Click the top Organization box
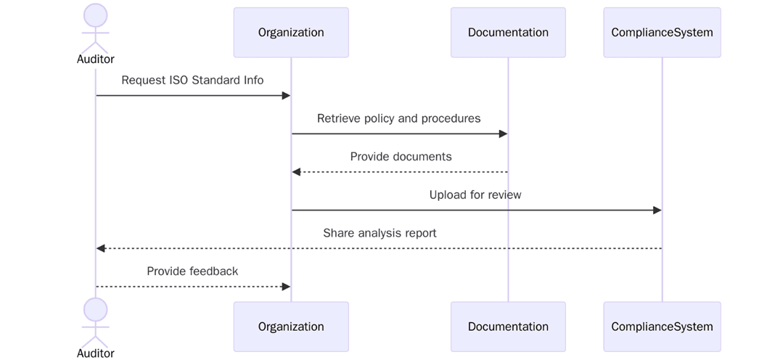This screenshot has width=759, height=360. [x=291, y=33]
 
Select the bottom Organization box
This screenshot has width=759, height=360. [x=291, y=327]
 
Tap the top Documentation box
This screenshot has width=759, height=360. [x=508, y=33]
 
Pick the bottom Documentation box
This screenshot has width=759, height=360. [x=508, y=327]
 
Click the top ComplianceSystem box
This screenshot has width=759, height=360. [x=662, y=33]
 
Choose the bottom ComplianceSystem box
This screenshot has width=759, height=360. [x=662, y=327]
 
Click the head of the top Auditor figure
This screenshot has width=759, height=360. [x=96, y=16]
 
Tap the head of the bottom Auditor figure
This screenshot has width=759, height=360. [x=96, y=310]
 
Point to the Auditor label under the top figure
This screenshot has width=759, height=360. [x=96, y=60]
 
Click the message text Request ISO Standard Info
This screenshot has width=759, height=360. [x=192, y=80]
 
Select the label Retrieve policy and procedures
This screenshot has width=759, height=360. [x=398, y=118]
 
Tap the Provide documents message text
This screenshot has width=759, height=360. [x=401, y=157]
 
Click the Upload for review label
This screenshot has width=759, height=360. [x=475, y=195]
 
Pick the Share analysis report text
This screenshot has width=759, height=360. [x=379, y=234]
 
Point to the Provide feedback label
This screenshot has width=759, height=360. [x=192, y=271]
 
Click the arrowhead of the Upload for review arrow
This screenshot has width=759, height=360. [x=657, y=210]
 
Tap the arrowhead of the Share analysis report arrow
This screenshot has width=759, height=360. [x=101, y=248]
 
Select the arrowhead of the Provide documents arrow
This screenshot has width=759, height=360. [x=296, y=172]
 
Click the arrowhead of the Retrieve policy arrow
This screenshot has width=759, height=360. [x=503, y=134]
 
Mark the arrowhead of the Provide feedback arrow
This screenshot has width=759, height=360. [x=286, y=287]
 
